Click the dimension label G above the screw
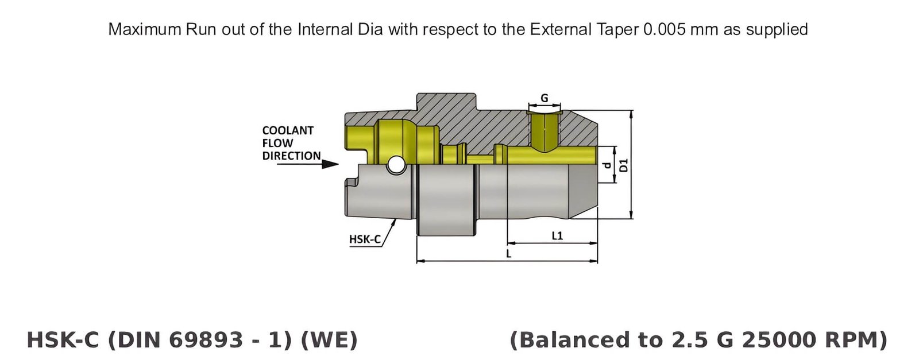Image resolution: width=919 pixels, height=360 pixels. (x=544, y=98)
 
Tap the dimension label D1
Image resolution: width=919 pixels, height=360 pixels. (x=624, y=165)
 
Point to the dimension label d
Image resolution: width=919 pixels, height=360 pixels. (x=607, y=165)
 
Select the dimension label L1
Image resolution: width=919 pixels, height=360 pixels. (x=557, y=235)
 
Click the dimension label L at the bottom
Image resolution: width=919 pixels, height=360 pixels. (x=508, y=253)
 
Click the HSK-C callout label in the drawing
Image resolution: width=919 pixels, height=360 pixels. (x=365, y=239)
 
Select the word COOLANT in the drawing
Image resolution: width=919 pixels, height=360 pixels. (x=288, y=130)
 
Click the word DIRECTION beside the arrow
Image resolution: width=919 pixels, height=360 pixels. (x=291, y=156)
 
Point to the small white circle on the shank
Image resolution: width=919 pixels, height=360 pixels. (x=395, y=165)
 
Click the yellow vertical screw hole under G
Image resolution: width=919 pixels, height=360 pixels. (x=543, y=130)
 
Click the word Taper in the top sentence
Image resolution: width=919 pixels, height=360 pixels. (x=621, y=29)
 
